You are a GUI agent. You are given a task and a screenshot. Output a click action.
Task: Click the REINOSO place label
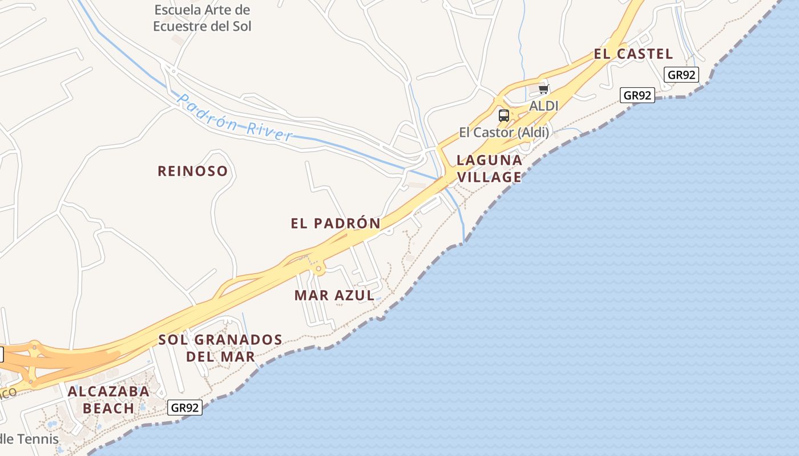coord(192,171)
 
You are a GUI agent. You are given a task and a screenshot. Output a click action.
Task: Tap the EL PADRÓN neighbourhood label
coord(335,223)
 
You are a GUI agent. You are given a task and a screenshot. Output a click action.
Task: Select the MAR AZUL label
coord(334,295)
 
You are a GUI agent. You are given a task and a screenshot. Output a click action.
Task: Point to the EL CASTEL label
coord(633,54)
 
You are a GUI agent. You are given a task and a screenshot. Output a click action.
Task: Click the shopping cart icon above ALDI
coord(543,89)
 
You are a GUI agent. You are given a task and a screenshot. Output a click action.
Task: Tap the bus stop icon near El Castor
coord(503,116)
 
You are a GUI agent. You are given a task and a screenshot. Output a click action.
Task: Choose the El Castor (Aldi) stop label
coord(504,133)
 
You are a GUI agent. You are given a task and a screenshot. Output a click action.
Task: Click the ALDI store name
coord(543,105)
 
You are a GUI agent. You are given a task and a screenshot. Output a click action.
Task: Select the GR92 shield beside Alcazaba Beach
coord(185,408)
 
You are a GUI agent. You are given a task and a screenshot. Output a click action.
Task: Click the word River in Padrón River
coord(270,132)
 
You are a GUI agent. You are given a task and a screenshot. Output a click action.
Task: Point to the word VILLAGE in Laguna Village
coord(490,177)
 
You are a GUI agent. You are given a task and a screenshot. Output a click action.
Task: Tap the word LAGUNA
coord(490,160)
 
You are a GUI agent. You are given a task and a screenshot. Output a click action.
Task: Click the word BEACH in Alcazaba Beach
coord(108,408)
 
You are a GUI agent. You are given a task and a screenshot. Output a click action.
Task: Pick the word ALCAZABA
coord(108,392)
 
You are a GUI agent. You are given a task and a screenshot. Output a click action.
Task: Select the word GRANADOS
coord(238,340)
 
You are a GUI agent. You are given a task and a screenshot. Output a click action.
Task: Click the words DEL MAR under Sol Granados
coord(220,357)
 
